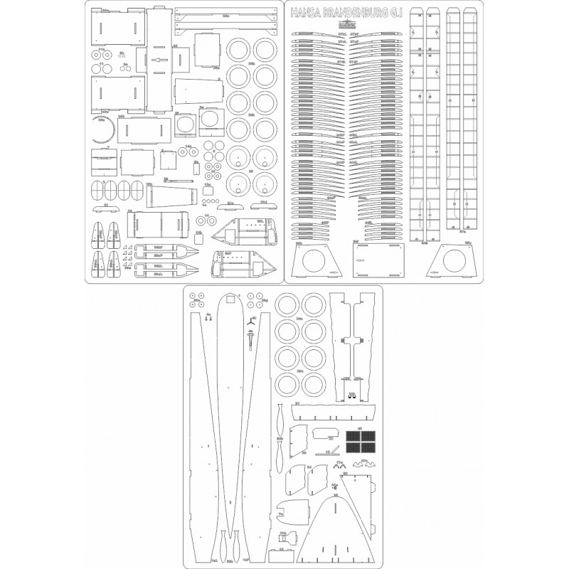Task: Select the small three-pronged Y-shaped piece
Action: point(250,321)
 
